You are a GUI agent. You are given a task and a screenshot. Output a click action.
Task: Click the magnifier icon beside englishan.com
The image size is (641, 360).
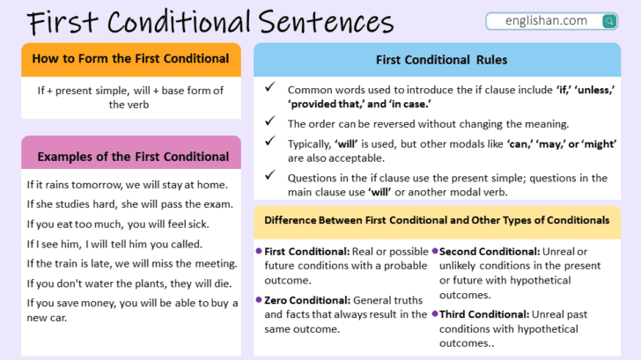(x=608, y=21)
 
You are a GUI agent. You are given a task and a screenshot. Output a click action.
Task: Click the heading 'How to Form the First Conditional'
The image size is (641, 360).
(x=130, y=59)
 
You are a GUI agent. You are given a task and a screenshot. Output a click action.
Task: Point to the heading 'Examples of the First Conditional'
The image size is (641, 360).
(x=132, y=157)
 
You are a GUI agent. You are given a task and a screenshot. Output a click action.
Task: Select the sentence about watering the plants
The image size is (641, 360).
(x=129, y=283)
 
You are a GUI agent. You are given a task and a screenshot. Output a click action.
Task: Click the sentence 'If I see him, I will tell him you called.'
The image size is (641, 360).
(x=115, y=244)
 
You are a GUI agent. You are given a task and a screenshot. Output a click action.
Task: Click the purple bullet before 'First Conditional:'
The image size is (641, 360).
(x=259, y=252)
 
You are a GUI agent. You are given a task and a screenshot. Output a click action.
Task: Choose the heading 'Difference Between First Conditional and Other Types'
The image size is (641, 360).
(x=437, y=219)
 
